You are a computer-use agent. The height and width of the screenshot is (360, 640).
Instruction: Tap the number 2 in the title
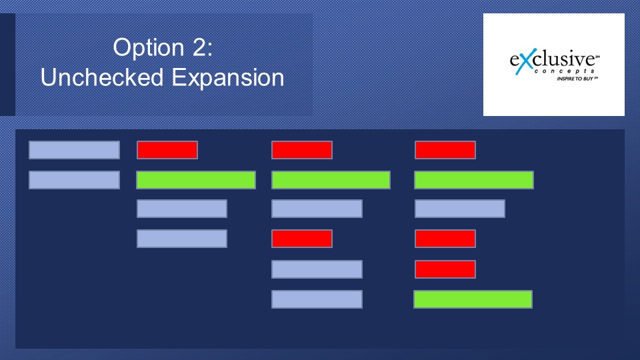point(201,47)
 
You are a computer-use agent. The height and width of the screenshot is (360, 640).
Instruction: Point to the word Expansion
point(228,78)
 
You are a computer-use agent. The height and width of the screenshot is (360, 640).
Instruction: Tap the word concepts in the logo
point(565,71)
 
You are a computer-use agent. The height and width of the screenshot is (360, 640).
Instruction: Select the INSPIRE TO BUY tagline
point(575,79)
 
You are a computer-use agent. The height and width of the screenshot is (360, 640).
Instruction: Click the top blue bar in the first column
point(74,150)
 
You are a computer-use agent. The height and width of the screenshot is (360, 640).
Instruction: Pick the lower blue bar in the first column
point(74,180)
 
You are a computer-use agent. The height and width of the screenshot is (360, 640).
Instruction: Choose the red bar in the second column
point(167,150)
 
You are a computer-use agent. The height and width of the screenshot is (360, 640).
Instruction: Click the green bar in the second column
point(196,180)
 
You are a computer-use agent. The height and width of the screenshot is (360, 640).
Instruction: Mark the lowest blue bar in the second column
point(182,239)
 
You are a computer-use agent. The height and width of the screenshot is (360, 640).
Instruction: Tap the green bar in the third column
point(331,180)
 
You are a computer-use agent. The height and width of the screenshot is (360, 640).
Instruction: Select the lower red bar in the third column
point(302,239)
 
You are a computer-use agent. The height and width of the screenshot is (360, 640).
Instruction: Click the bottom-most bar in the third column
point(317,299)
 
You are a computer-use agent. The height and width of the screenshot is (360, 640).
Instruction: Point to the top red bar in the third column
point(302,150)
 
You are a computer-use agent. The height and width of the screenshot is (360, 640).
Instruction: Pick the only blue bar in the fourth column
point(460,209)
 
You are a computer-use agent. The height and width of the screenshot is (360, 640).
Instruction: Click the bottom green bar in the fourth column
point(473,299)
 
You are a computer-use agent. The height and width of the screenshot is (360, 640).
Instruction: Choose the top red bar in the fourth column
point(445,150)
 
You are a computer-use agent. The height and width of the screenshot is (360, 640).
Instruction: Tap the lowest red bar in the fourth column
point(445,269)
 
